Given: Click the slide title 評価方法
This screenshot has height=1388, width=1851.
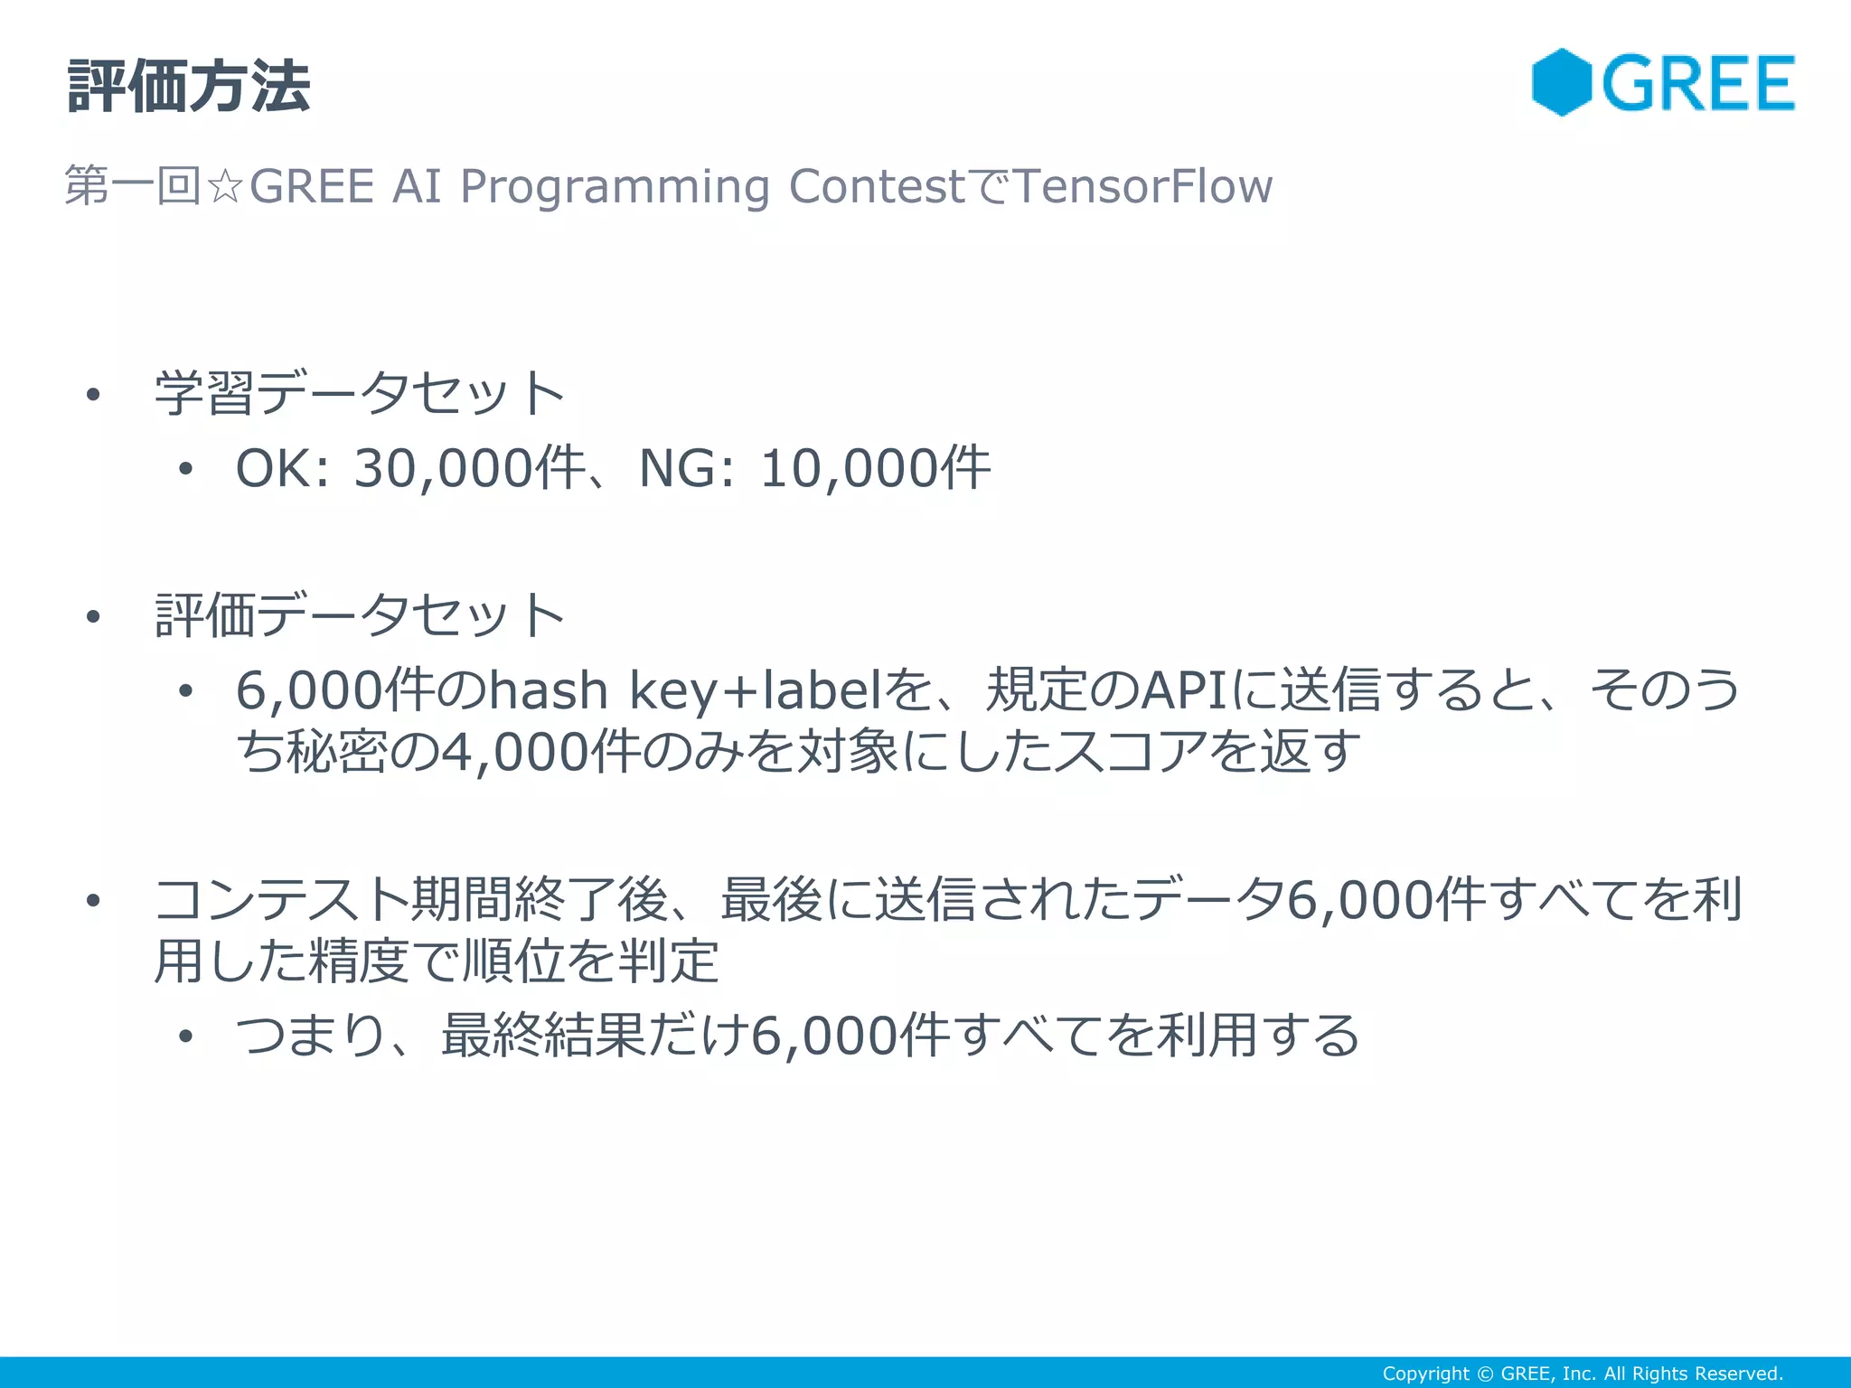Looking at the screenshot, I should click(x=189, y=88).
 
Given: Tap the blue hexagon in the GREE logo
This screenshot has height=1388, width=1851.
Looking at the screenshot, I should click(x=1561, y=82).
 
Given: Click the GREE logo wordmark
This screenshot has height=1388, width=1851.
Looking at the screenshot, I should click(x=1698, y=83).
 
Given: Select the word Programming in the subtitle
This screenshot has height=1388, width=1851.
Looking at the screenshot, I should click(x=615, y=187).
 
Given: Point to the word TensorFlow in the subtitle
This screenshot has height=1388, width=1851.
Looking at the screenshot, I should click(x=1142, y=186).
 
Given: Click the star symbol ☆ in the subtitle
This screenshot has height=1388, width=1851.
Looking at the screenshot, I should click(x=224, y=187).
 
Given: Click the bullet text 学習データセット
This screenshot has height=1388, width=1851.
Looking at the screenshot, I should click(x=360, y=394).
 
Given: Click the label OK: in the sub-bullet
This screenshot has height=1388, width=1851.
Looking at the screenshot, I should click(x=283, y=469).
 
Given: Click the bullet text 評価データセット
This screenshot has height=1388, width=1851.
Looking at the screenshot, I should click(x=360, y=616).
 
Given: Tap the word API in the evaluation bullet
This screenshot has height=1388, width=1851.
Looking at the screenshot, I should click(x=1185, y=691).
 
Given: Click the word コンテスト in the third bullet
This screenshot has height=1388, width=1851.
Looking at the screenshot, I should click(x=281, y=900).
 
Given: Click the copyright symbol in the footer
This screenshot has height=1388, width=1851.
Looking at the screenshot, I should click(x=1485, y=1374).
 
